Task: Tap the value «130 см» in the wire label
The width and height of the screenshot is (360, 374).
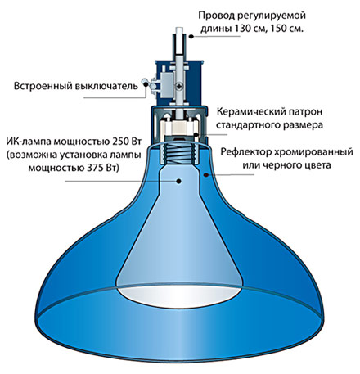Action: pos(248,29)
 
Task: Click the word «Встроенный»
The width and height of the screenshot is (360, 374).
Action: pos(42,86)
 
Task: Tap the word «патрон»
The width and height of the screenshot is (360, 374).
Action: pos(305,112)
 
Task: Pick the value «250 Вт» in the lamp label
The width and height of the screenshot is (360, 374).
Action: pos(126,142)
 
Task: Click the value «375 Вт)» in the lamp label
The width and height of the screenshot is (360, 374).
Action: pos(103,168)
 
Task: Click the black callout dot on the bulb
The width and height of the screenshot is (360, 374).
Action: pos(179,181)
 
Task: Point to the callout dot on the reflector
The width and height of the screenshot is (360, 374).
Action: pos(206,175)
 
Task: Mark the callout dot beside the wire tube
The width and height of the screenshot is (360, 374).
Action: pos(191,36)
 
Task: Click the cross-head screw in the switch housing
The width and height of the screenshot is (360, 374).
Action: pos(179,87)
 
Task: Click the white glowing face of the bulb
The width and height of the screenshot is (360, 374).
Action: pos(179,297)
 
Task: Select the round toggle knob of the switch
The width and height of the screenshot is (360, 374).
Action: pos(145,81)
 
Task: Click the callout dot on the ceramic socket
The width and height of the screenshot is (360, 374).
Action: pos(196,134)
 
